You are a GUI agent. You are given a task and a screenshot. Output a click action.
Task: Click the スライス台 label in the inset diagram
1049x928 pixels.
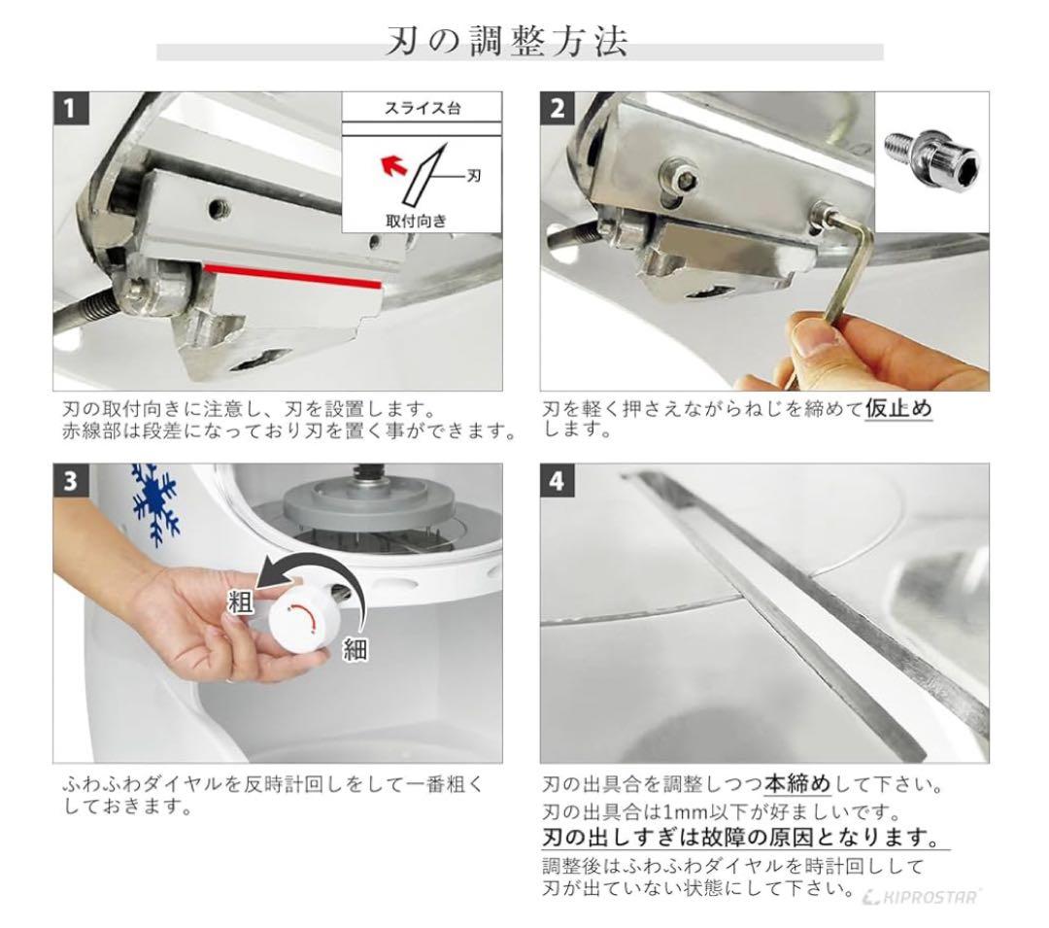pos(422,107)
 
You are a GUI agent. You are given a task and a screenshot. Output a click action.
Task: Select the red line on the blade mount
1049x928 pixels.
pos(291,275)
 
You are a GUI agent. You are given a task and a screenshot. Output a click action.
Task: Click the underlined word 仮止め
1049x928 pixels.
pos(898,409)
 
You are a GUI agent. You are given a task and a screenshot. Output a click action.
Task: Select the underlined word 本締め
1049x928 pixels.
pos(811,783)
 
